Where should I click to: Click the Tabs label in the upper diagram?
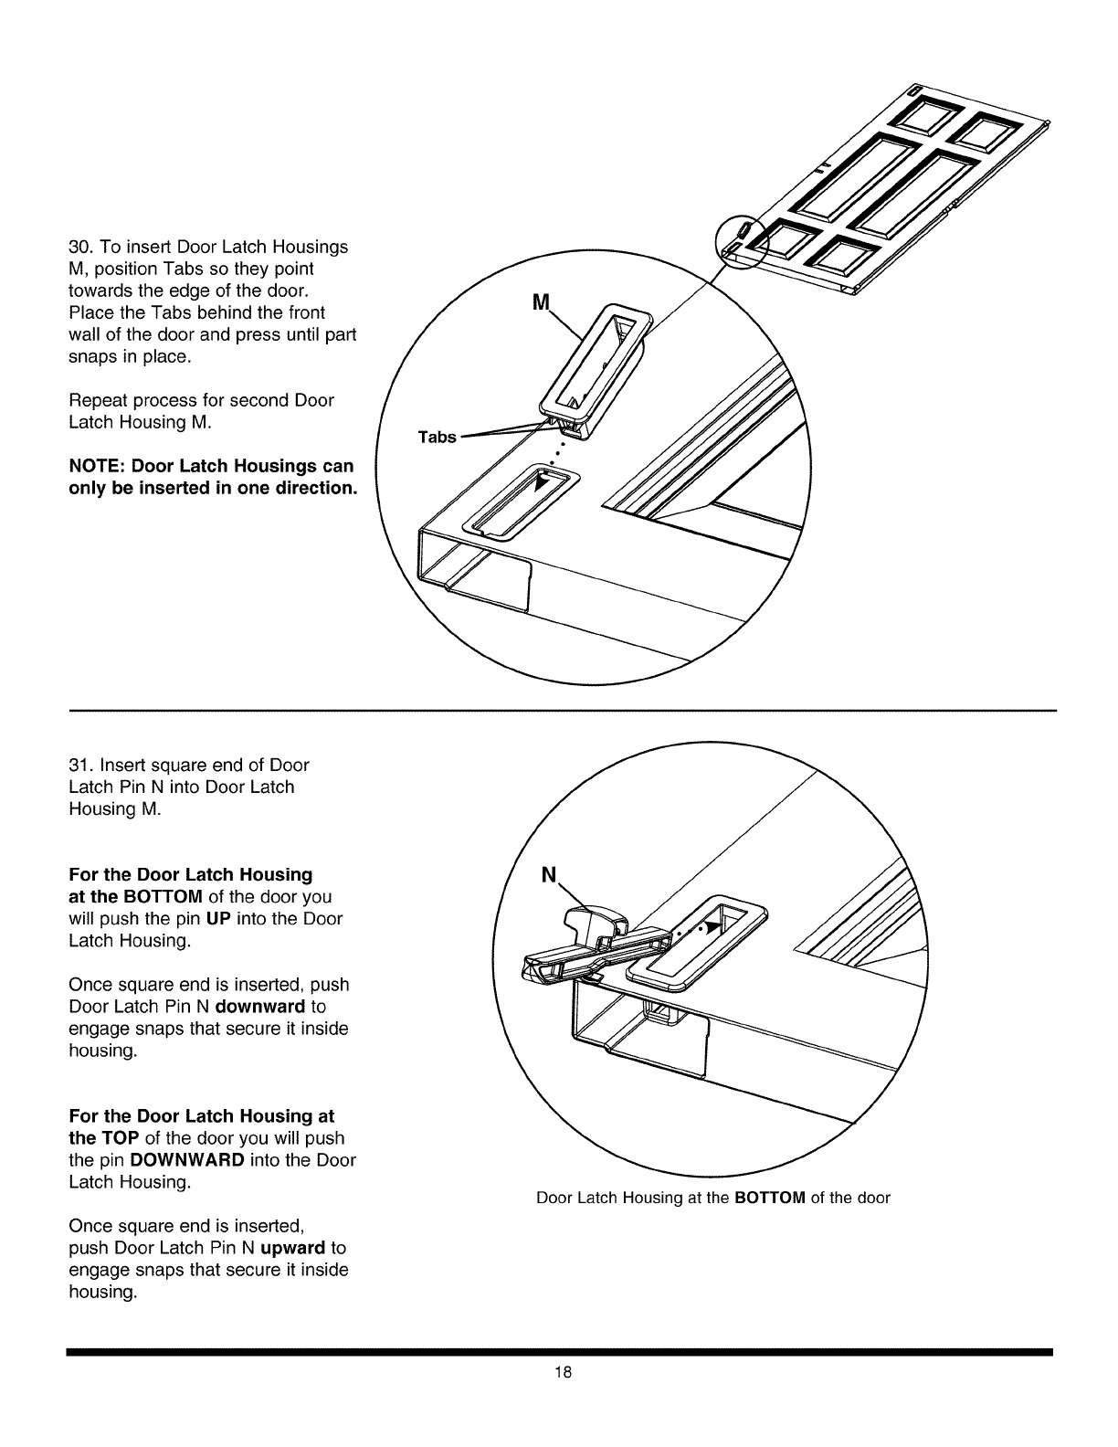[437, 438]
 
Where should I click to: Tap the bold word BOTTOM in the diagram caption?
[769, 1198]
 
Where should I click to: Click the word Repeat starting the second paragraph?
[97, 400]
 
